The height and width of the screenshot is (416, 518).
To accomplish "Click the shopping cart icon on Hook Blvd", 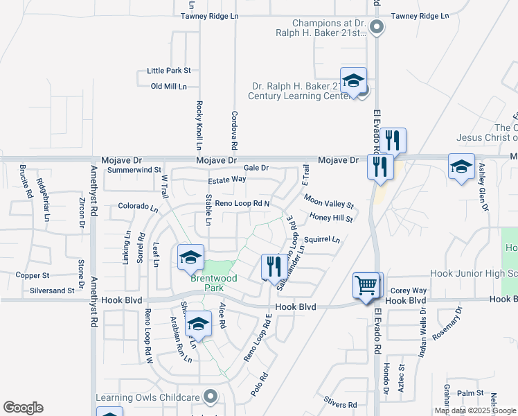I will pos(366,284).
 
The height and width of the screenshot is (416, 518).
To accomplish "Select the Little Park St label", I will pos(168,71).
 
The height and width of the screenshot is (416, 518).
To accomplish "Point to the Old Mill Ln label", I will pos(169,86).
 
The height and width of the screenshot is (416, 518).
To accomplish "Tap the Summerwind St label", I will pos(134,169).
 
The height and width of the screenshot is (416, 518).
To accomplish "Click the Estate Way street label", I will pos(227,179).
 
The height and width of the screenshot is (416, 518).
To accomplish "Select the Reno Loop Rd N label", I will pos(242,203).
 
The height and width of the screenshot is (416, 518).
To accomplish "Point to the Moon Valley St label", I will pos(328,202).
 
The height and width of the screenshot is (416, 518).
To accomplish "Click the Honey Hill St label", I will pos(332,218).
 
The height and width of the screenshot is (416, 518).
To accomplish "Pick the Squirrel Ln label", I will pos(322,240).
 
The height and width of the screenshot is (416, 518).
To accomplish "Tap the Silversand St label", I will pos(52,291).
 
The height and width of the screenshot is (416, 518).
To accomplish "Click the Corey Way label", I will pos(409,291).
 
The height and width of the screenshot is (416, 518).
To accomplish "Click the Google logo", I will pos(23,408).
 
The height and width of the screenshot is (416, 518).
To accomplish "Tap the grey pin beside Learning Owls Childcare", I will pos(212,397).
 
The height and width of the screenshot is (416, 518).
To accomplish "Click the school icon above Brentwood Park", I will pos(190,257).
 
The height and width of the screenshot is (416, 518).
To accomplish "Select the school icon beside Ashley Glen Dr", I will pos(461,166).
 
